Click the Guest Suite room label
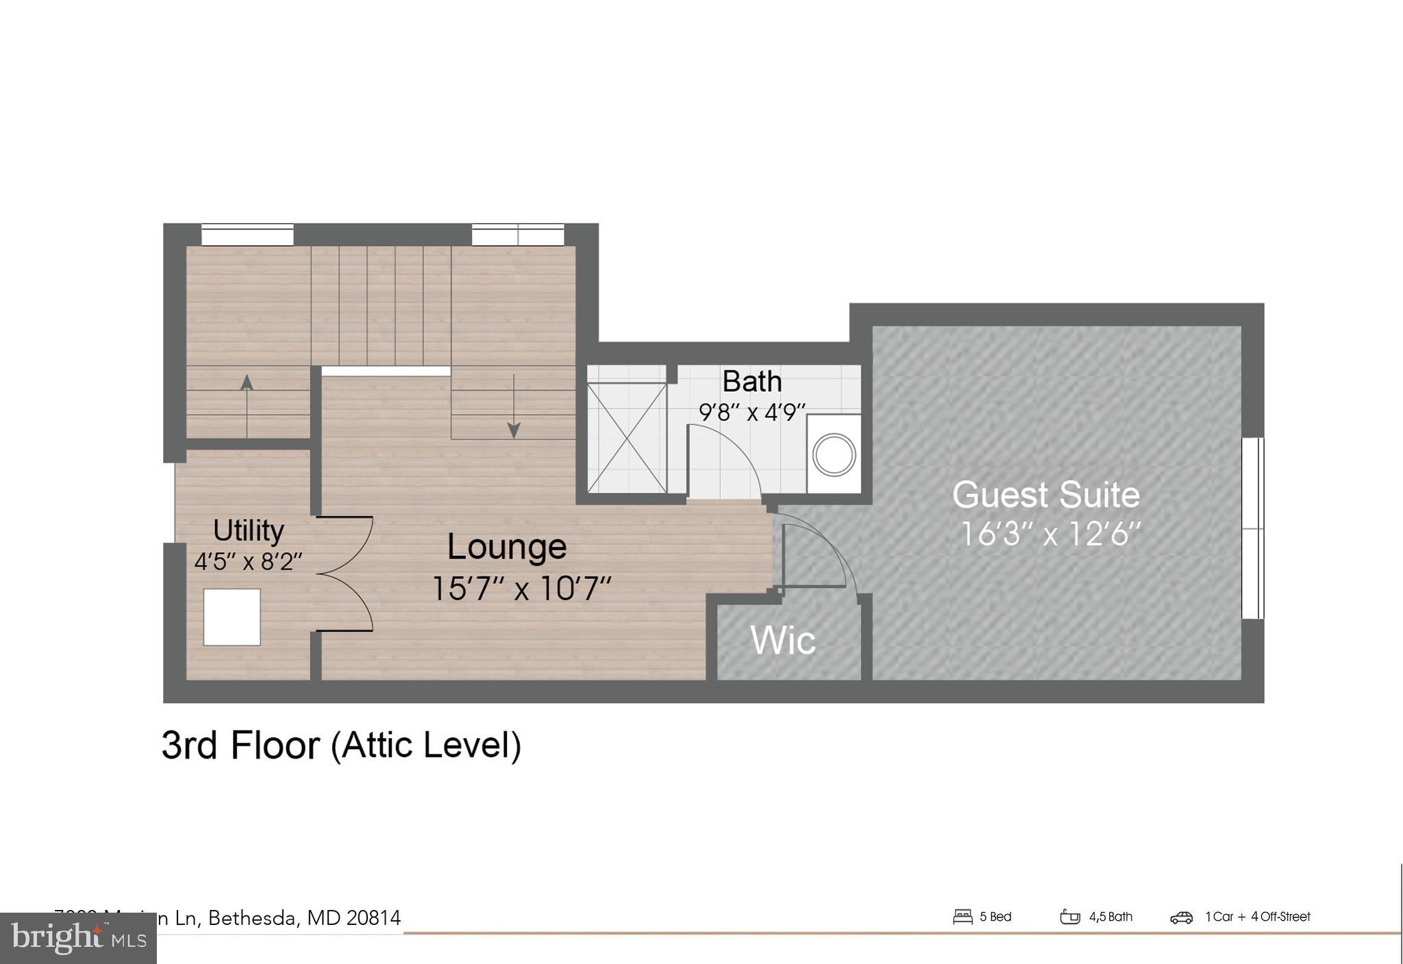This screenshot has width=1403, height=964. coord(1046,495)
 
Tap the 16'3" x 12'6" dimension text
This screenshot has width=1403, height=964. coord(1050,535)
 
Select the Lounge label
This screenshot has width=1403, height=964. coord(507,546)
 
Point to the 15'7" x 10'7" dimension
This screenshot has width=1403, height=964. coord(521,588)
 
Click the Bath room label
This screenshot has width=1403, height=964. coord(752,381)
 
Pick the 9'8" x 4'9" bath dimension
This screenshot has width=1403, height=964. coord(752,413)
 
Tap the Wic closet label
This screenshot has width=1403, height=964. coord(783,640)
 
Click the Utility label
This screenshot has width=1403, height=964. coord(248,531)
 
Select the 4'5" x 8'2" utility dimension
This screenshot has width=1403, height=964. coord(248,562)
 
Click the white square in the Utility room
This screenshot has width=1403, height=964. coord(232,617)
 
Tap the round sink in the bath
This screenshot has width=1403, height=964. coord(834,455)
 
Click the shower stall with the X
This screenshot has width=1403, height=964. coord(627,437)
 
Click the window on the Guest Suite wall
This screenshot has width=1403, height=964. coord(1252,528)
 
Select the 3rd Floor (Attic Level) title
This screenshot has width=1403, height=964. coord(341,746)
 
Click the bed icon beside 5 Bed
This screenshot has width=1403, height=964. coord(963,917)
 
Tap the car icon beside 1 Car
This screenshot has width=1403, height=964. coord(1181,917)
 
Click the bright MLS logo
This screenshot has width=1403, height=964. coord(78,938)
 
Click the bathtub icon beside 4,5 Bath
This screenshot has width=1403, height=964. coord(1069,917)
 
